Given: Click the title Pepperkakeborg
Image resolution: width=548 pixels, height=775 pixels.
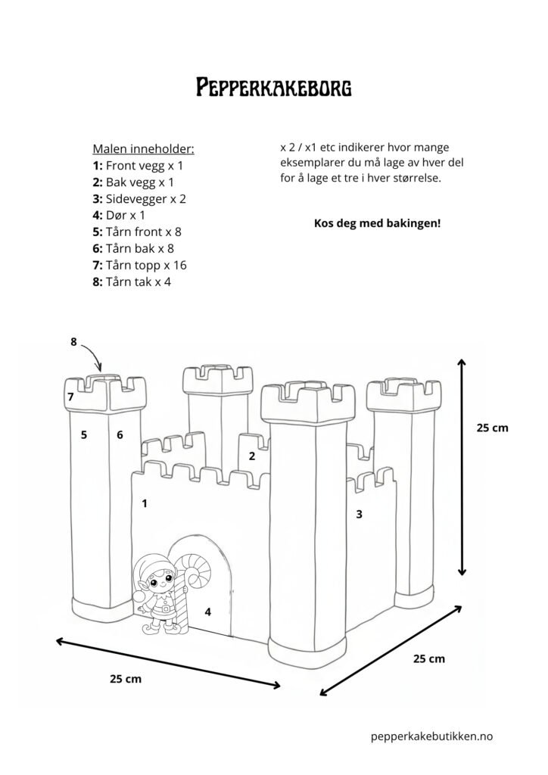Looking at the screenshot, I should pos(273,88).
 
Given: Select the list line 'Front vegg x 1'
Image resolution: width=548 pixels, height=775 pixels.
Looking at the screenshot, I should pos(138,164).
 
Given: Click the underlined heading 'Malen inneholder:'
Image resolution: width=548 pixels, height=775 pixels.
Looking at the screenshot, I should pos(143,148).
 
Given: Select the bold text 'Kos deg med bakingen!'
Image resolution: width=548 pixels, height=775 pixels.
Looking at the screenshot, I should pos(376,224).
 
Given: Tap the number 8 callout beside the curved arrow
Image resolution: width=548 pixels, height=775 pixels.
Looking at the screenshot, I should pos(74,341).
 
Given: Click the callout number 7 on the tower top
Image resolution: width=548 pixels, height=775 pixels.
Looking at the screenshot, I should pos(70,397).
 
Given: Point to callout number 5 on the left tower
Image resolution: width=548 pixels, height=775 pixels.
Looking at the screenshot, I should pos(84,434).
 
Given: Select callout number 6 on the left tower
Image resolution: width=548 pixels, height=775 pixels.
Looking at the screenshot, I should pos(120,434).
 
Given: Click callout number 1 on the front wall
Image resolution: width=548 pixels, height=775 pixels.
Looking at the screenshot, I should pos(144,502).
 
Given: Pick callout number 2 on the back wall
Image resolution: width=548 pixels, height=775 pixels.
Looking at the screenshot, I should pos(252,456).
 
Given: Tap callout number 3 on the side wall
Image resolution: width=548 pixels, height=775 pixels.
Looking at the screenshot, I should pos(359,515).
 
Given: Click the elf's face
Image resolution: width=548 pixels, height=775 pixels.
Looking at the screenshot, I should pos(158,585).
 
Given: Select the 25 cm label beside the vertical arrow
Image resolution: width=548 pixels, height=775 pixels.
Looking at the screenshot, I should pos(492,428).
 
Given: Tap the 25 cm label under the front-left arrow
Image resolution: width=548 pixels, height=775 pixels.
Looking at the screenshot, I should pos(125,678).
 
